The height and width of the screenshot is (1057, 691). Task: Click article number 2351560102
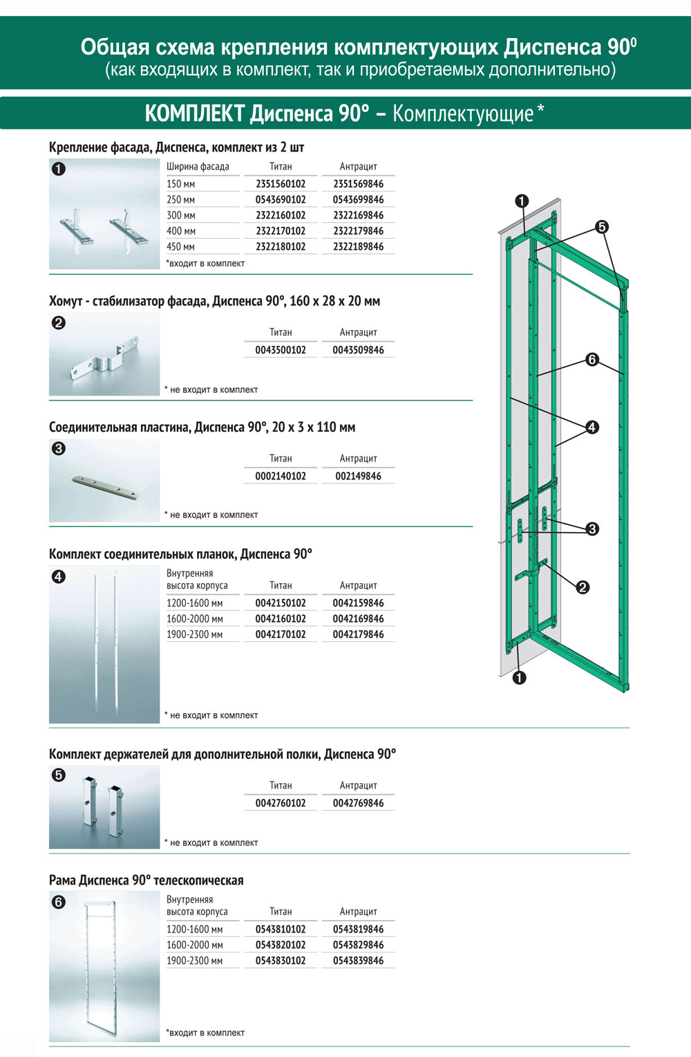[281, 184]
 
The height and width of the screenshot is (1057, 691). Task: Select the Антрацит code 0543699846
[358, 200]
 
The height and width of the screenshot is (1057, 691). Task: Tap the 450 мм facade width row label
[181, 247]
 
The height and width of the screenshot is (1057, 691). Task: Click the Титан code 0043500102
[281, 350]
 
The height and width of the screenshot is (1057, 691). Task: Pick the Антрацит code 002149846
[358, 476]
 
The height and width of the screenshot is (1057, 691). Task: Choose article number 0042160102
[281, 619]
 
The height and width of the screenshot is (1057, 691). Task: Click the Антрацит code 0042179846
[358, 634]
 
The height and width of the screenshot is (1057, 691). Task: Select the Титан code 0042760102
[281, 803]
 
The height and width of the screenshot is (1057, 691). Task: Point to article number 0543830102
[281, 961]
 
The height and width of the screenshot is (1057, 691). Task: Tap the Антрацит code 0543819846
[358, 930]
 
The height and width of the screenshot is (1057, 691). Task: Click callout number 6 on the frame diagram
[592, 360]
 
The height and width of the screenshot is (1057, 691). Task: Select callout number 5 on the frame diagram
[602, 227]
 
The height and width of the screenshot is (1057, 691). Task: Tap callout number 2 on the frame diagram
[583, 587]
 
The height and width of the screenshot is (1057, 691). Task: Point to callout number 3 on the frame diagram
[592, 529]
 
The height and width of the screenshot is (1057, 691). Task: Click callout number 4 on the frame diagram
[592, 428]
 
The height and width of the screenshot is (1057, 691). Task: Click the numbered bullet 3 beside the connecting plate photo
[59, 448]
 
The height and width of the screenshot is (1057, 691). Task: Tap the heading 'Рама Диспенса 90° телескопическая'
[146, 881]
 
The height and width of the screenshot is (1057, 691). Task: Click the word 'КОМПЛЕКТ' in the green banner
[194, 113]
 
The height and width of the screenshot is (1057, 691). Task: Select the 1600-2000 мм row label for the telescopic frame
[195, 945]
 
